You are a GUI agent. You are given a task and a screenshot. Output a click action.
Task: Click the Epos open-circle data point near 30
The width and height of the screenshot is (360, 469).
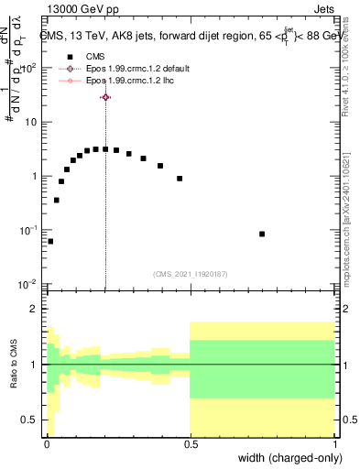tap(105, 97)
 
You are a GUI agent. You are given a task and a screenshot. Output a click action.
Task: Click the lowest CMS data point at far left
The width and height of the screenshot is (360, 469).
tap(50, 242)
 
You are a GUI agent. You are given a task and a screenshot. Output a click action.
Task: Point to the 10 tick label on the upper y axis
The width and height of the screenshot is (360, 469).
tap(32, 122)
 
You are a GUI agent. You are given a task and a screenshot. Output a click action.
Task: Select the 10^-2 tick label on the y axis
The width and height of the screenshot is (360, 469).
tap(30, 284)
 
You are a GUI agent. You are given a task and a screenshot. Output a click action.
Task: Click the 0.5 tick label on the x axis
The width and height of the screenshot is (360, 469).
tap(190, 444)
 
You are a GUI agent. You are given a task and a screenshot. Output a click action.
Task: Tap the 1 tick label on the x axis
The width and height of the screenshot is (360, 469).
tap(333, 444)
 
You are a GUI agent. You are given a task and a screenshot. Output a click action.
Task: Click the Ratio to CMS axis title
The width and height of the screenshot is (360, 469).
tap(14, 365)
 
